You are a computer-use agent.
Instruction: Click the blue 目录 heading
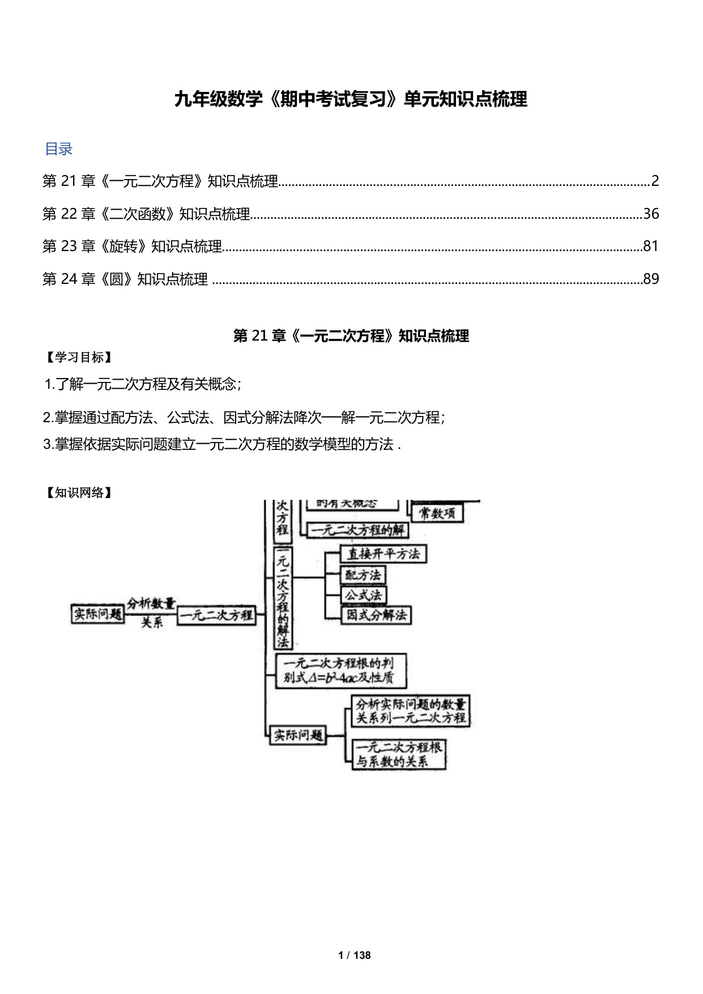[x=58, y=149]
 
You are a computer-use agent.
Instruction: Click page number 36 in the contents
[x=651, y=214]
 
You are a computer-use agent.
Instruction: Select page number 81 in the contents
[x=651, y=246]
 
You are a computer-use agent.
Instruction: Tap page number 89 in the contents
[x=651, y=279]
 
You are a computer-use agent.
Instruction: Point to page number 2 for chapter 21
[x=655, y=181]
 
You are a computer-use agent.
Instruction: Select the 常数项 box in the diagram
[x=437, y=513]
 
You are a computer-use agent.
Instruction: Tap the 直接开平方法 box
[x=384, y=554]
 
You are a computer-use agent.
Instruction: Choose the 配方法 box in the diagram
[x=363, y=575]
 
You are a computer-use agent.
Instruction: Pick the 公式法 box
[x=363, y=595]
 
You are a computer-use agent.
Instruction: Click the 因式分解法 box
[x=377, y=615]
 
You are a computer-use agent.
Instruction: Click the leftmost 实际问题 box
[x=97, y=614]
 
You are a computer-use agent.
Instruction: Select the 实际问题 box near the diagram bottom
[x=298, y=735]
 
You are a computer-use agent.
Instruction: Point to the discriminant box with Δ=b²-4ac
[x=340, y=670]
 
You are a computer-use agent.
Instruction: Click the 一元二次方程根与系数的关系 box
[x=399, y=754]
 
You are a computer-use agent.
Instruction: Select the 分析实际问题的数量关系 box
[x=411, y=711]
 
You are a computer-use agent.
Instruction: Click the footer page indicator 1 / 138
[x=354, y=955]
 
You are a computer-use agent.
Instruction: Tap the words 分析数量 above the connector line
[x=151, y=604]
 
